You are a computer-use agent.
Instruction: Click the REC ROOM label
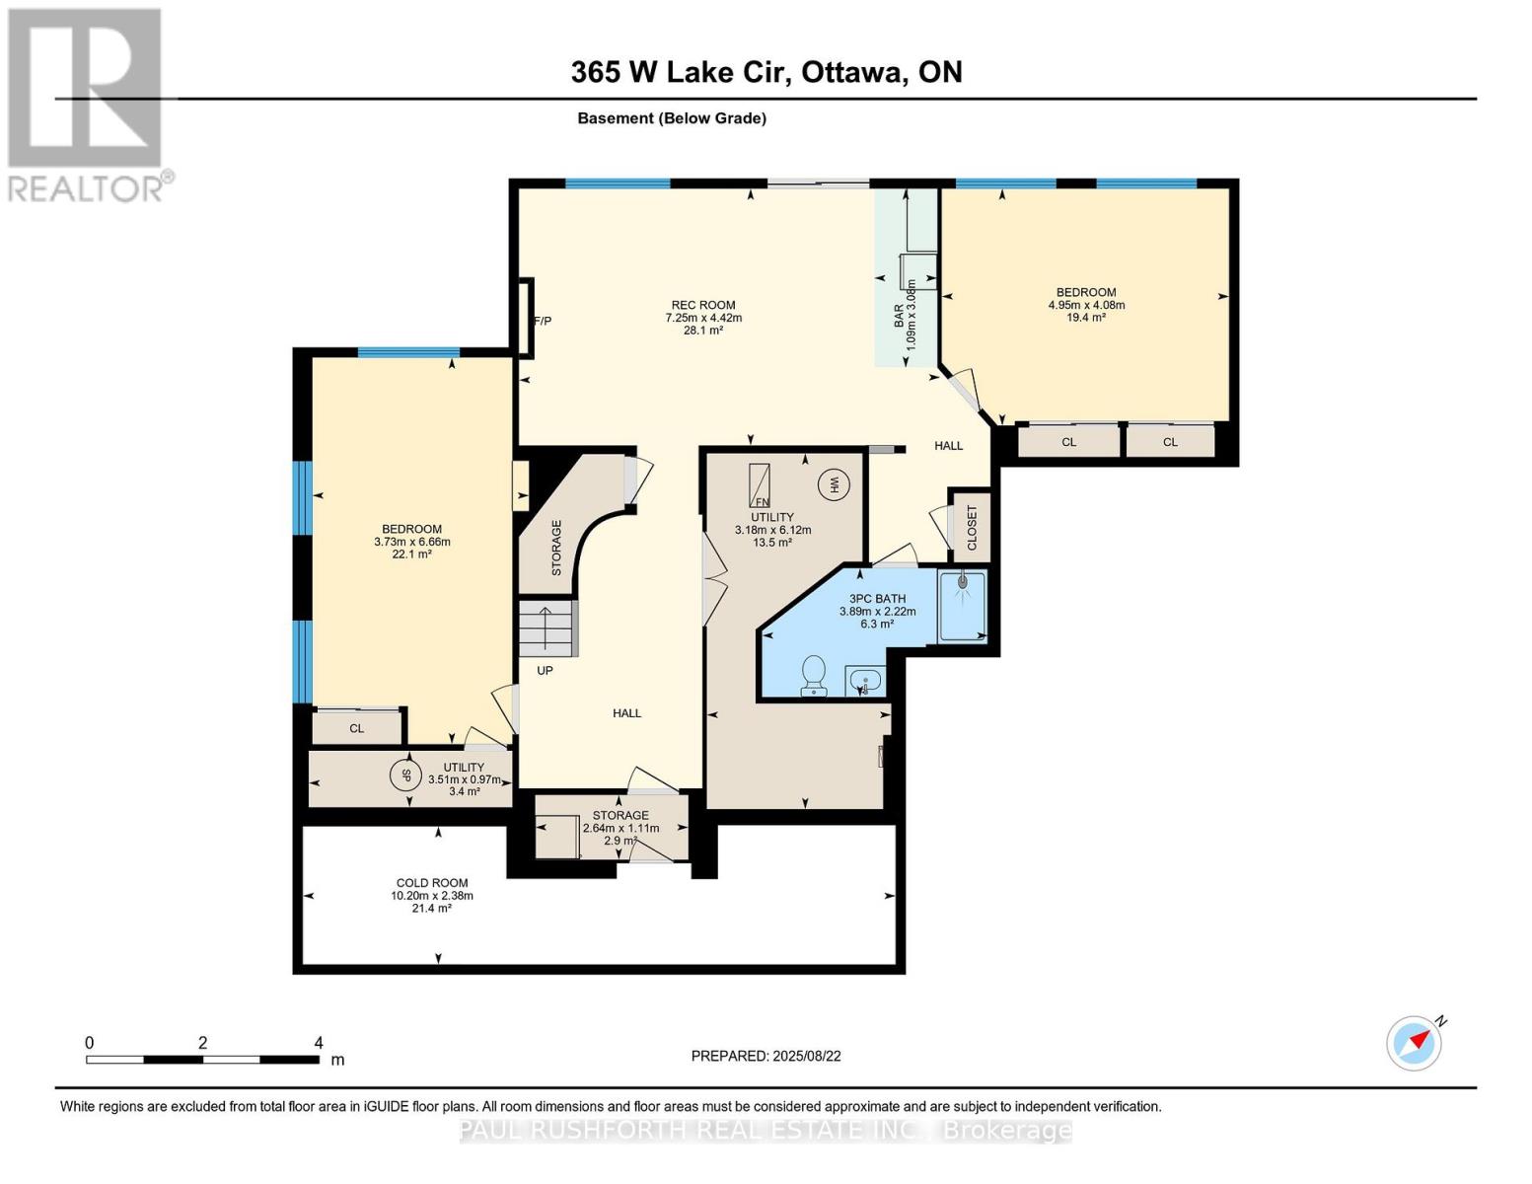(702, 305)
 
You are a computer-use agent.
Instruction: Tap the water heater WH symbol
(834, 484)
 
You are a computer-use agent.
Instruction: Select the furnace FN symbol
(760, 484)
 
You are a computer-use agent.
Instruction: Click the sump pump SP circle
(403, 775)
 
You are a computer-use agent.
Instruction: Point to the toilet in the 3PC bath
(814, 675)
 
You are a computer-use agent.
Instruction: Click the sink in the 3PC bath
(865, 681)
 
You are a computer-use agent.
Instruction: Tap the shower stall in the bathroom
(962, 606)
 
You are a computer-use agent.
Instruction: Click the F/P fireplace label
(543, 321)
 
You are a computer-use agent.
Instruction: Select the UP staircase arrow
(545, 629)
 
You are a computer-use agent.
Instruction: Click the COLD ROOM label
(432, 883)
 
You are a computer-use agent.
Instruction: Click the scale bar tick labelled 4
(318, 1043)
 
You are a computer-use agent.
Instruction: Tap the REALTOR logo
(86, 104)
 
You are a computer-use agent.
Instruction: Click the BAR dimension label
(905, 315)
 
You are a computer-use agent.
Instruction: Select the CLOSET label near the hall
(972, 528)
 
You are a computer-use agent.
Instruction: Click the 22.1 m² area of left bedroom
(411, 555)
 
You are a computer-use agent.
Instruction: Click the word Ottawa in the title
(853, 72)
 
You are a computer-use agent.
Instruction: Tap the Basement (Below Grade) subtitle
(672, 118)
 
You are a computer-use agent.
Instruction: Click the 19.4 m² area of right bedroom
(1086, 318)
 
